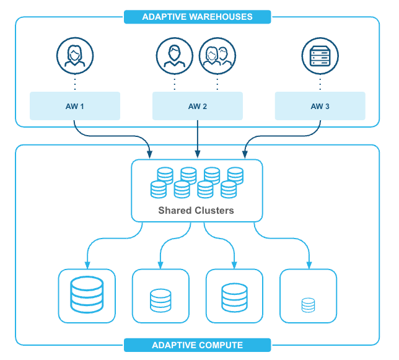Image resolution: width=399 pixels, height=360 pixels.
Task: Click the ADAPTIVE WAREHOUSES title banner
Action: coord(197,17)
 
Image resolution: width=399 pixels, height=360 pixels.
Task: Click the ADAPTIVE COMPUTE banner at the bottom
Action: coord(197,345)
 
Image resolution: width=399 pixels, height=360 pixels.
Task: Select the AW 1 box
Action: coord(74,106)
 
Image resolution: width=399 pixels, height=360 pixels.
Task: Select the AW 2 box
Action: coord(197,106)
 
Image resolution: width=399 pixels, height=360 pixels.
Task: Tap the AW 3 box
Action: coord(320,106)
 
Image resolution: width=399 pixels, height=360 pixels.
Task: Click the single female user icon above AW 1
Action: coord(75,55)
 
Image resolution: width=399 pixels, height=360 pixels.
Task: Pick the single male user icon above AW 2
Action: coord(174,55)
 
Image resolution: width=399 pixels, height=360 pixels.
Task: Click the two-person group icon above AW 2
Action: coord(216,55)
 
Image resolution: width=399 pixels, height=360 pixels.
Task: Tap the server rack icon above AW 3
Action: coord(320,55)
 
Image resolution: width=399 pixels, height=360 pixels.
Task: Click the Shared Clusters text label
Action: coord(196,211)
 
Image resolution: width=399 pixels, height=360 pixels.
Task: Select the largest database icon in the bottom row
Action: coord(86,296)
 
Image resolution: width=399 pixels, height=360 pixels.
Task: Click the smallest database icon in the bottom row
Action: coord(308,305)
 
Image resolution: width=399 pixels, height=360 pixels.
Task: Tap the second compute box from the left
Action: coord(160,296)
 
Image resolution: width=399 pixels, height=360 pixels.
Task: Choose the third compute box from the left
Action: coord(234,296)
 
